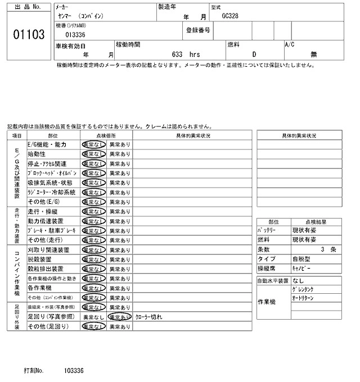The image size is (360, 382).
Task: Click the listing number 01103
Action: tap(28, 35)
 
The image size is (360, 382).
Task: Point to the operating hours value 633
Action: tap(178, 54)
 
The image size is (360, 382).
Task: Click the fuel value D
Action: tap(254, 54)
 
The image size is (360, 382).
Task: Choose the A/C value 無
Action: tap(313, 54)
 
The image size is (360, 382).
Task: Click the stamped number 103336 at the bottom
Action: tap(74, 371)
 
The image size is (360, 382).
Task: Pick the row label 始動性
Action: tap(37, 154)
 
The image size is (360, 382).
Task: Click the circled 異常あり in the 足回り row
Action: tap(120, 317)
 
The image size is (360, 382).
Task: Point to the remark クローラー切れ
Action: tap(149, 317)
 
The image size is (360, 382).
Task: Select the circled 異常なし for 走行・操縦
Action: tap(93, 211)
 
